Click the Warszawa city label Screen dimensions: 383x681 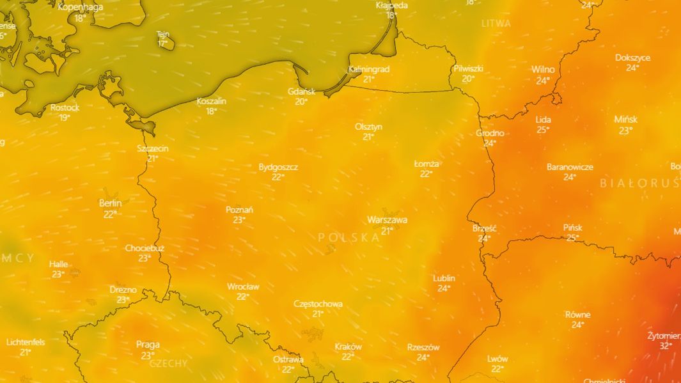(x=387, y=220)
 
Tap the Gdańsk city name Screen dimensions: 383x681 (x=301, y=91)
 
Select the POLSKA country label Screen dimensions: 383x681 (x=348, y=237)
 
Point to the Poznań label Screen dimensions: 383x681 (x=239, y=210)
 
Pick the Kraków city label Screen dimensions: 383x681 (x=348, y=347)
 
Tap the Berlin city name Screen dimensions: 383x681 (x=110, y=203)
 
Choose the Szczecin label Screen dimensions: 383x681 (x=153, y=148)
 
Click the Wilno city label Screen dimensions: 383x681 (x=543, y=70)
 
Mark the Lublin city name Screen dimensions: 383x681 (x=444, y=278)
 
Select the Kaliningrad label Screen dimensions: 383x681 (x=369, y=69)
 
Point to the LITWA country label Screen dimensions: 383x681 (x=496, y=23)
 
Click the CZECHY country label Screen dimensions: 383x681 (x=169, y=363)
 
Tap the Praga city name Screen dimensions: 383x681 (x=148, y=345)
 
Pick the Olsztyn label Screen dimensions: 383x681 (x=368, y=127)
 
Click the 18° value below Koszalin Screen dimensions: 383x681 (x=212, y=111)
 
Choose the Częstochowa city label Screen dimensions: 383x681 (x=318, y=304)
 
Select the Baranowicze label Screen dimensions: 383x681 (x=570, y=167)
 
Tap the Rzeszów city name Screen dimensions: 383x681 (x=423, y=347)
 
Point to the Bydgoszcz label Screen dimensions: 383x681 (x=278, y=167)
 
